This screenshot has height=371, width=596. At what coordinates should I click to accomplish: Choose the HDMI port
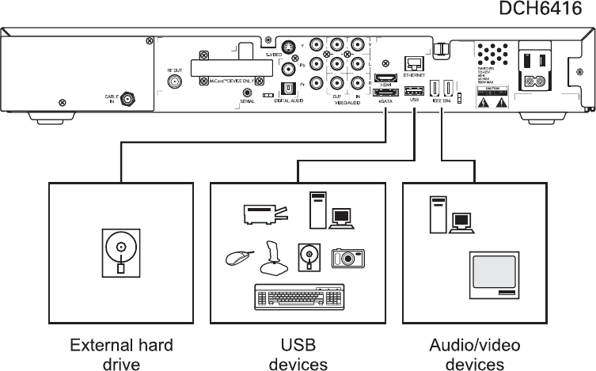(x=385, y=79)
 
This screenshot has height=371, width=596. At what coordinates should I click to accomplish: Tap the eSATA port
(x=385, y=93)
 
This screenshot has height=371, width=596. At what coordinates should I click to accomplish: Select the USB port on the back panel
(x=414, y=89)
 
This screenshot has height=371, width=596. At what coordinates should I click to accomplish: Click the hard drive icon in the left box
(x=120, y=252)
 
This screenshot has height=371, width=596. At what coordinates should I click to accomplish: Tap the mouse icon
(x=238, y=258)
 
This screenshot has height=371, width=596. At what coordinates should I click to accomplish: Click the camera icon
(x=347, y=257)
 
